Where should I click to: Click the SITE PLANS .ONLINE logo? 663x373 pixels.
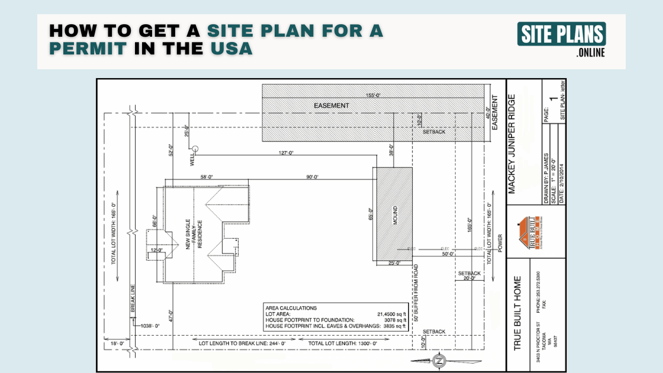tap(561, 40)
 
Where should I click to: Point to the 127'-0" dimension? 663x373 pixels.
tap(287, 153)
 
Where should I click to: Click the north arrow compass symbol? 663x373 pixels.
tap(439, 360)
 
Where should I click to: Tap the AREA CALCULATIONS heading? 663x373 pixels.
tap(291, 308)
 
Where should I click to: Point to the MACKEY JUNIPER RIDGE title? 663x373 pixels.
tap(513, 144)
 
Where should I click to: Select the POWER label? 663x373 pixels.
tap(500, 242)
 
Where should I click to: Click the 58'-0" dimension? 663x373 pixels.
tap(209, 176)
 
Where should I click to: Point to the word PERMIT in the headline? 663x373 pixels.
tap(88, 48)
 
